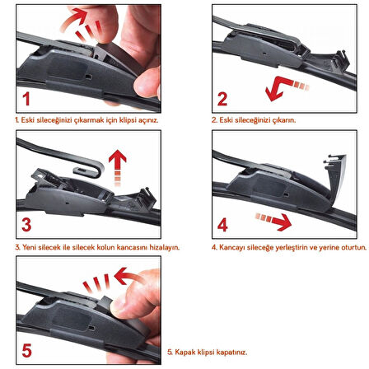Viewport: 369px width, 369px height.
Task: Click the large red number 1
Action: (x=26, y=99)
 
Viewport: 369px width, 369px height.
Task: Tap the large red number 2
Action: (x=222, y=99)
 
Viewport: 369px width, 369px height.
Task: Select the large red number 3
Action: (x=26, y=225)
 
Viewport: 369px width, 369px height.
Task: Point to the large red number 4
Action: (x=222, y=225)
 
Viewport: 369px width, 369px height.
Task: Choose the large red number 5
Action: (x=26, y=350)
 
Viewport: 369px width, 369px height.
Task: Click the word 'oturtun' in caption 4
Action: (x=353, y=247)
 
